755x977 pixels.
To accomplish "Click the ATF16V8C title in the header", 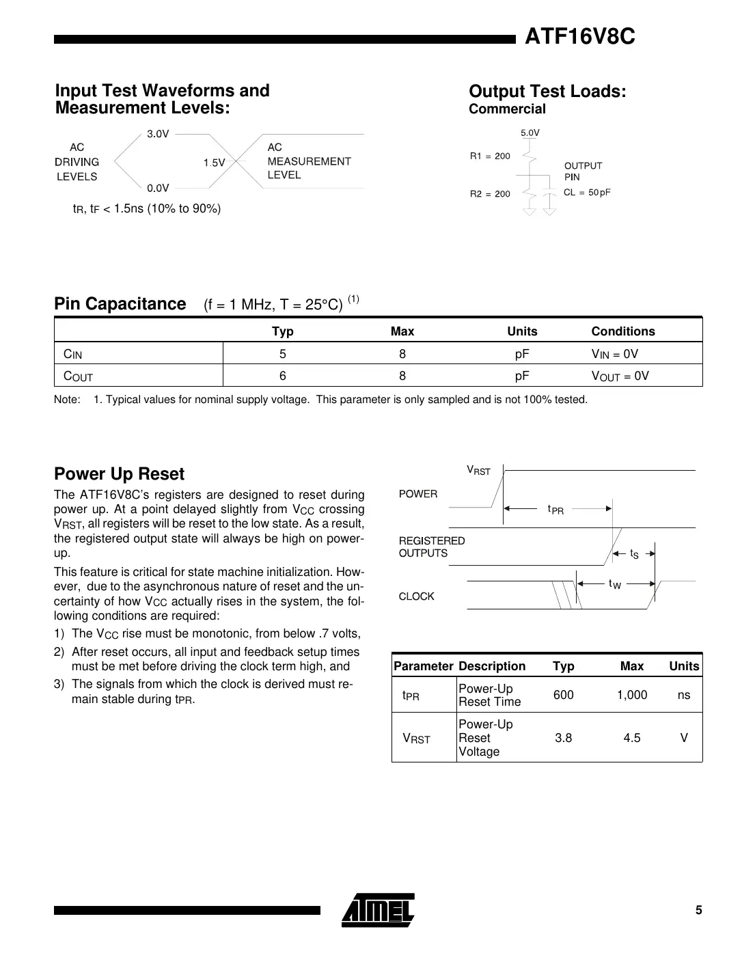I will pos(579,37).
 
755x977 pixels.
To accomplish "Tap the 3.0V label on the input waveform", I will pos(158,134).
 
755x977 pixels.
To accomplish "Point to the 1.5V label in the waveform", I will pos(214,163).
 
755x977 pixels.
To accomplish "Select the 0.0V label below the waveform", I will pos(158,189).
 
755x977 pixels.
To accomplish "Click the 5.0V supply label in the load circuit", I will pos(530,133).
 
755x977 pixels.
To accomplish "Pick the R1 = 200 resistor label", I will pos(490,156).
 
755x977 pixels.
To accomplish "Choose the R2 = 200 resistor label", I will pos(490,194).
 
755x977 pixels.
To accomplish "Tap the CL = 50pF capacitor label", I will pos(587,193).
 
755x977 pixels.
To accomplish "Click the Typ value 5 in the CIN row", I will pos(282,354).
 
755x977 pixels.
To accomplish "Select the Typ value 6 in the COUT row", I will pos(282,376).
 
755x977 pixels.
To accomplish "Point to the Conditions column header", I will pos(622,331).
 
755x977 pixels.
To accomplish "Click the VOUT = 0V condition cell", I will pos(620,376).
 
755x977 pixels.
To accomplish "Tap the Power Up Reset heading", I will pos(119,474).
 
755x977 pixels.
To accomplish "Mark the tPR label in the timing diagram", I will pos(555,510).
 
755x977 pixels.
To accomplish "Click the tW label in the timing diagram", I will pos(614,584).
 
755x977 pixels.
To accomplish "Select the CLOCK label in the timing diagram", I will pos(416,596).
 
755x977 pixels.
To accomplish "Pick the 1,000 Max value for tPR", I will pos(631,695).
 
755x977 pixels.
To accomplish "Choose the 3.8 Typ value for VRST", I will pos(563,738).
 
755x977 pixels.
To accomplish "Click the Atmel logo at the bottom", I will pos(378,910).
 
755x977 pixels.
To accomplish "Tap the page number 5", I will pos(698,910).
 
